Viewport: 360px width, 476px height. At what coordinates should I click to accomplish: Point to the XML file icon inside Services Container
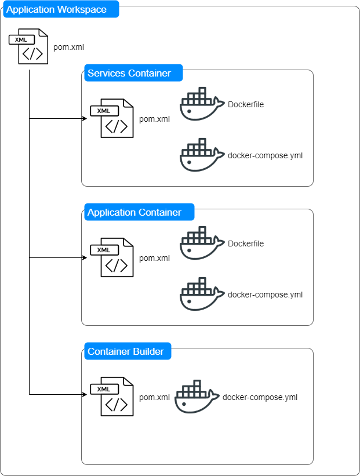(x=112, y=118)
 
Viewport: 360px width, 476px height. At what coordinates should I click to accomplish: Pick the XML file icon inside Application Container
(x=112, y=257)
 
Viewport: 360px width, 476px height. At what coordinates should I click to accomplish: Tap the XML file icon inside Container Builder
(x=112, y=397)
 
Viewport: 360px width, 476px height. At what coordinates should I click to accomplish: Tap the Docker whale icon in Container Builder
(x=197, y=397)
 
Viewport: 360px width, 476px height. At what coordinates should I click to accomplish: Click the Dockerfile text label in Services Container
(x=246, y=105)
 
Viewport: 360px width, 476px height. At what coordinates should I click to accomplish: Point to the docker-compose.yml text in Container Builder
(x=260, y=397)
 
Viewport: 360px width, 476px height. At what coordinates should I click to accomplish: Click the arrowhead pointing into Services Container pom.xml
(x=84, y=118)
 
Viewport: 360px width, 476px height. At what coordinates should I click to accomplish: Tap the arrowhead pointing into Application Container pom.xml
(x=84, y=257)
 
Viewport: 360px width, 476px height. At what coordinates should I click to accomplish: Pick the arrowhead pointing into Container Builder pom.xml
(x=84, y=394)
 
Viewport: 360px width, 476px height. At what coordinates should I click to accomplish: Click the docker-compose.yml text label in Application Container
(x=265, y=295)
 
